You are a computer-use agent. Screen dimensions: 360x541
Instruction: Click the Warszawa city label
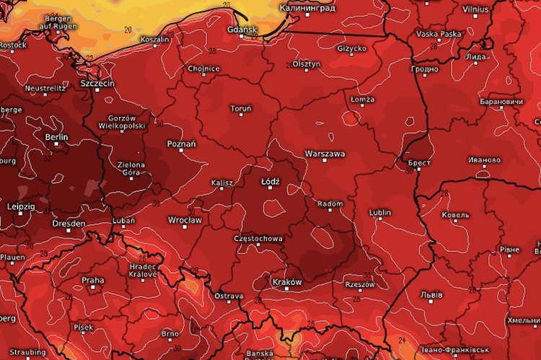coord(325,154)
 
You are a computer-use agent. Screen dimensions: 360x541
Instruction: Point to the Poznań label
coord(181,144)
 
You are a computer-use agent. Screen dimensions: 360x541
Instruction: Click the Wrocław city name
coord(185,219)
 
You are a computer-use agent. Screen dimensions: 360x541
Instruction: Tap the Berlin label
coord(56,136)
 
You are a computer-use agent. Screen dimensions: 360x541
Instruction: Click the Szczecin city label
coord(97,83)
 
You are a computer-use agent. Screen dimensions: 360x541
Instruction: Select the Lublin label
coord(379,213)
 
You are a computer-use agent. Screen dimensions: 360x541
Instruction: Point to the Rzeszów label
coord(361,284)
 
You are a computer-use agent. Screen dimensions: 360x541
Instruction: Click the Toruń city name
coord(240,109)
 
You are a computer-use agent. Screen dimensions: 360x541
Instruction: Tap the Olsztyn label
coord(307,64)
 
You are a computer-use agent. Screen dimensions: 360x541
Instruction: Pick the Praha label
coord(92,281)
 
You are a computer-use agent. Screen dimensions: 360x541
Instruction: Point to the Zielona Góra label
coord(131,169)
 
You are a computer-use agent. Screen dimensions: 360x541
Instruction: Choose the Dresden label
coord(69,224)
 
